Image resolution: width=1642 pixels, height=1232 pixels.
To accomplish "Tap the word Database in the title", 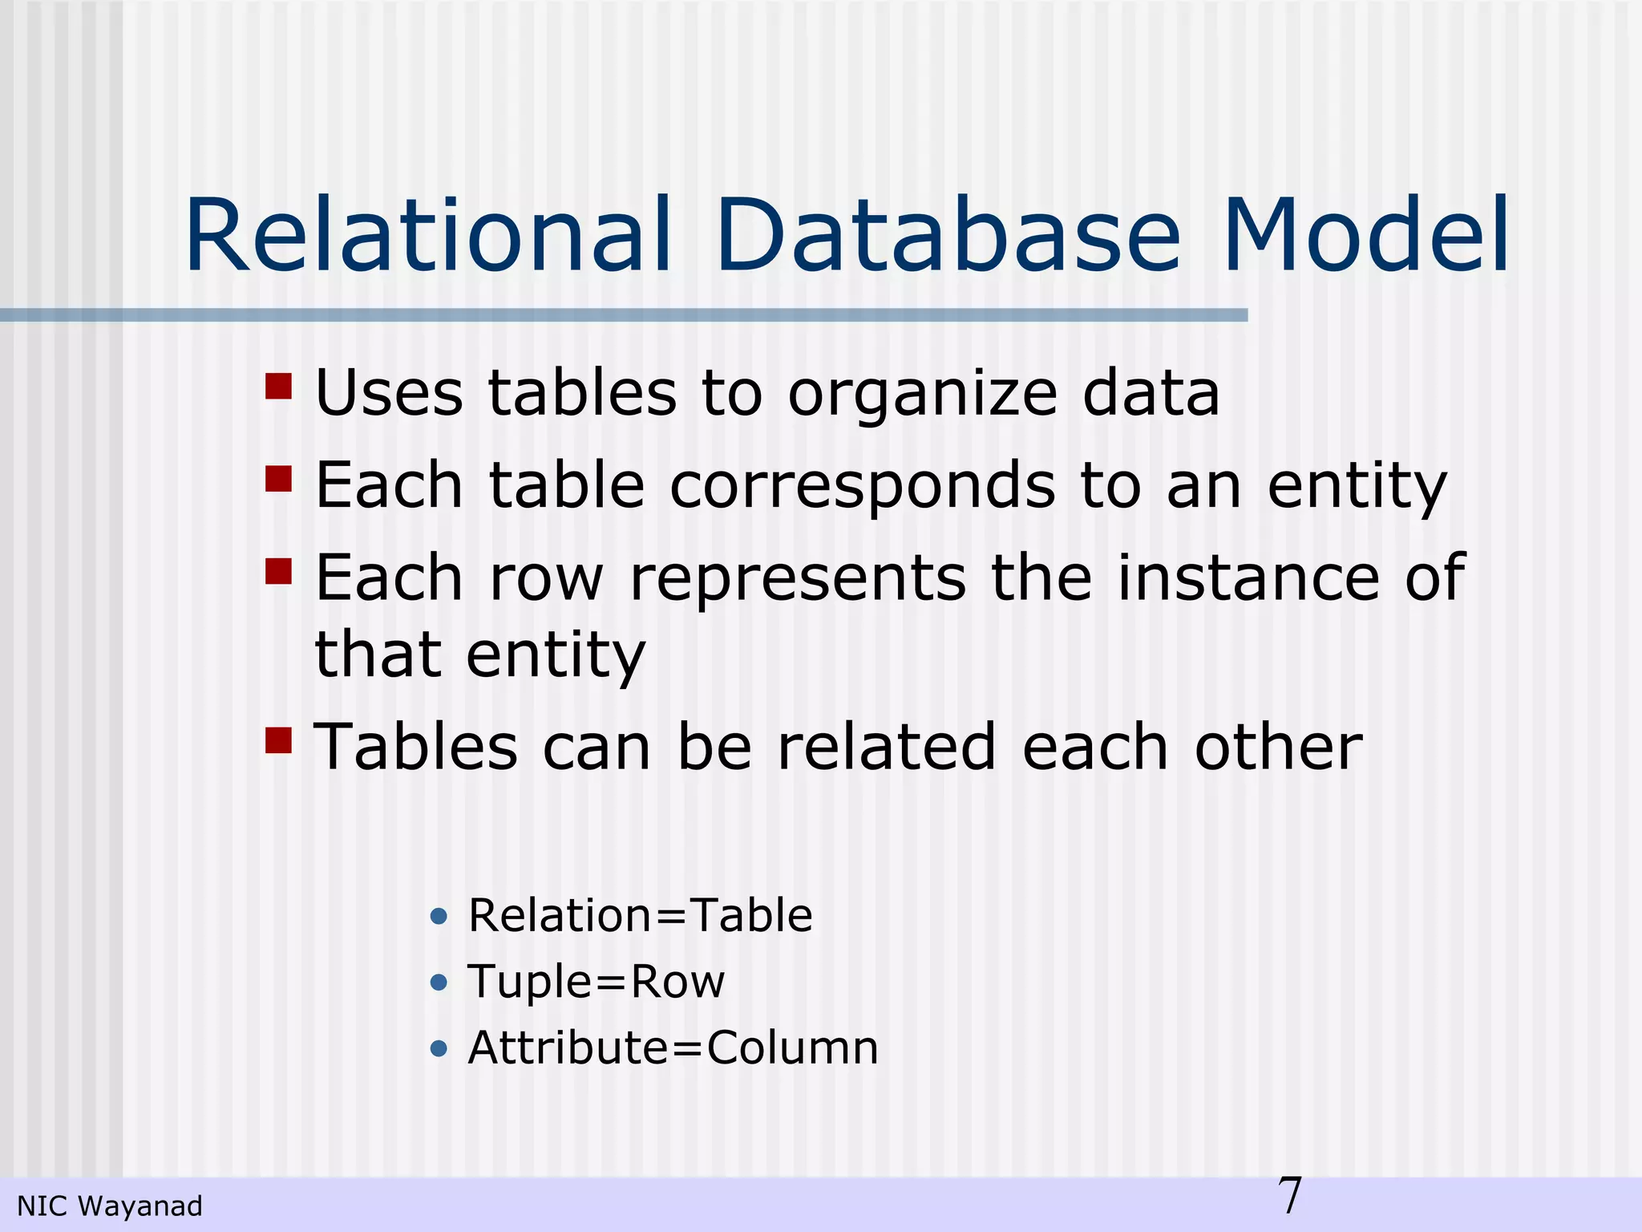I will [x=948, y=236].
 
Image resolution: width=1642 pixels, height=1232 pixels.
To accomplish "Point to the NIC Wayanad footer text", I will [x=110, y=1206].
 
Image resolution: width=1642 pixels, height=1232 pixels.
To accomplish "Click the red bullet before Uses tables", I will [x=278, y=387].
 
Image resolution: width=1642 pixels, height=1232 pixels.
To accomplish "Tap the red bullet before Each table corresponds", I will [x=278, y=479].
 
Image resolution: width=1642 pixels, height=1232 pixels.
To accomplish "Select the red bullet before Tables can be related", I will [x=278, y=740].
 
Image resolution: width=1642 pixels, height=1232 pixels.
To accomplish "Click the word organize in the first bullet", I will [x=922, y=395].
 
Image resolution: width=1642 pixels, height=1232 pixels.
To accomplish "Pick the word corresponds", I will [x=863, y=487].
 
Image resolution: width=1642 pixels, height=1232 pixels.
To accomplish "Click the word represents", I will [x=798, y=579].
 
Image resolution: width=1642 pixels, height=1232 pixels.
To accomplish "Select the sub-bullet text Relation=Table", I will [x=640, y=915].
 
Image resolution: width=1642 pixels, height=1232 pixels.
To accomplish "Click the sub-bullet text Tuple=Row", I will [x=597, y=982].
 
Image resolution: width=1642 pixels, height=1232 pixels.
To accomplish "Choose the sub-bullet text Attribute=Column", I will [x=673, y=1048].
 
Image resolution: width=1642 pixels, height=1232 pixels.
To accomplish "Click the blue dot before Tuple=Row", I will [x=439, y=982].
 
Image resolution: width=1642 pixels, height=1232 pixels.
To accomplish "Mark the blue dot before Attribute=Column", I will [x=439, y=1048].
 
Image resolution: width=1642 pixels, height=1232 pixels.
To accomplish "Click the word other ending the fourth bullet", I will [x=1278, y=748].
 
